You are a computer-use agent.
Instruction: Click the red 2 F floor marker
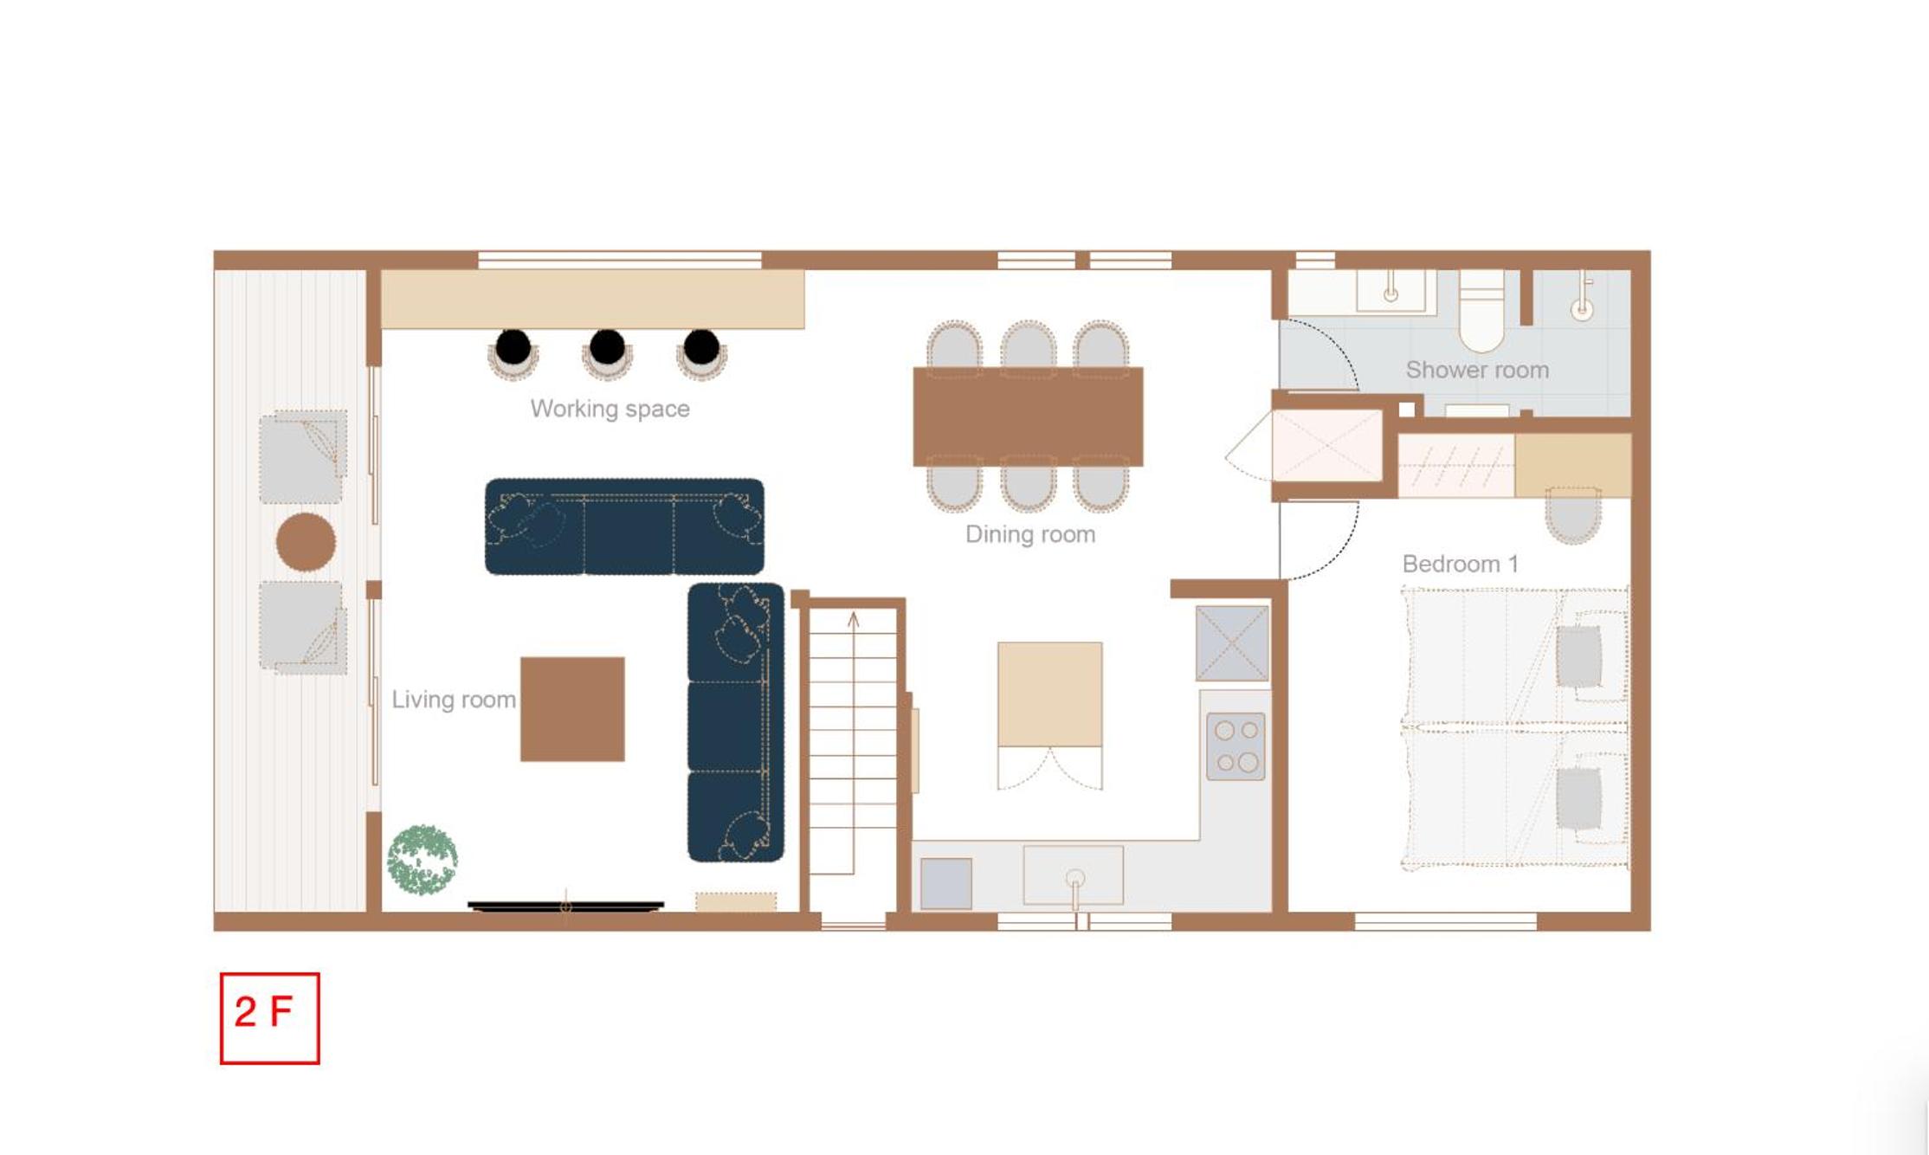tap(269, 1017)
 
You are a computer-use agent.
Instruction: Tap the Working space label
tap(610, 409)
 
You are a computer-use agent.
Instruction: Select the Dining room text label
tap(1030, 534)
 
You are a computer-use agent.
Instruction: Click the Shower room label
tap(1477, 370)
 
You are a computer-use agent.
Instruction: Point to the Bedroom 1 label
tap(1460, 564)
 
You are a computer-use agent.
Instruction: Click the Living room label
tap(454, 700)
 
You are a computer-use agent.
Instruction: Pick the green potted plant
tap(422, 860)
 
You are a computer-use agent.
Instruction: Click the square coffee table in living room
tap(572, 709)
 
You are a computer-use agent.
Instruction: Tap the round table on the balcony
tap(306, 542)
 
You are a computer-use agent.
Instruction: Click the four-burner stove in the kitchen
tap(1235, 746)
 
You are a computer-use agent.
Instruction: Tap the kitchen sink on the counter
tap(1074, 876)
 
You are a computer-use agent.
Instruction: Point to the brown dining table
tap(1028, 416)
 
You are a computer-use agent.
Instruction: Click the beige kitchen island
tap(1049, 694)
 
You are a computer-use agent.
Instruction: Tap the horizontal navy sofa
tap(624, 526)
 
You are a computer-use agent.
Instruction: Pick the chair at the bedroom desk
tap(1572, 515)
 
